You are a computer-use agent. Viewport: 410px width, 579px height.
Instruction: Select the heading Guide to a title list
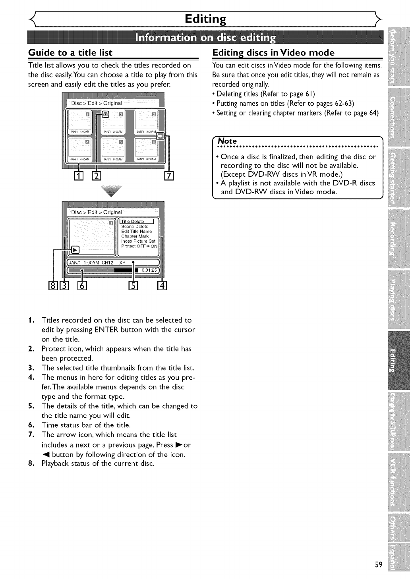coord(70,53)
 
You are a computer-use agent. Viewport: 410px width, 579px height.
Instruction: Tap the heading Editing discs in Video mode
coord(273,53)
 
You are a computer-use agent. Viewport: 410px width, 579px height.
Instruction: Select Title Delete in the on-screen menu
coord(133,222)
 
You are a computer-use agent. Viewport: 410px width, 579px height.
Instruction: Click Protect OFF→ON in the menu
coord(139,246)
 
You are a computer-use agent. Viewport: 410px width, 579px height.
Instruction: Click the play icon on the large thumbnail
coord(75,249)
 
